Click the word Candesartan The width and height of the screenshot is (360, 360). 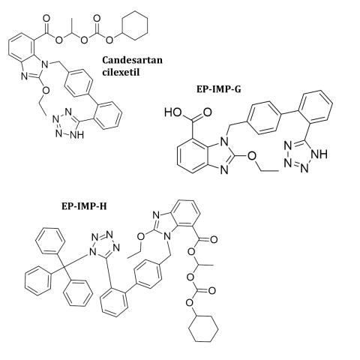(133, 60)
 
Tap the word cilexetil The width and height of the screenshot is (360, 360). (121, 72)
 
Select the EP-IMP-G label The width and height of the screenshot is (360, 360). (219, 89)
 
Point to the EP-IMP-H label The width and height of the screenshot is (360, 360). (84, 206)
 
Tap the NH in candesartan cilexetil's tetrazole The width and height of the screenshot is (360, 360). (76, 135)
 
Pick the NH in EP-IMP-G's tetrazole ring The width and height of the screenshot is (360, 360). (319, 154)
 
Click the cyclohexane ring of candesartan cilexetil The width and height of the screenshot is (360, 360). (135, 25)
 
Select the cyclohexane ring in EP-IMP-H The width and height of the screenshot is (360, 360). (203, 328)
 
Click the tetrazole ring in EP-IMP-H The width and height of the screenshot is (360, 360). (105, 247)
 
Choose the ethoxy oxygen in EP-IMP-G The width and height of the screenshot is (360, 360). (252, 156)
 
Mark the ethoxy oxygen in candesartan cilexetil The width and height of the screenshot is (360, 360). (46, 91)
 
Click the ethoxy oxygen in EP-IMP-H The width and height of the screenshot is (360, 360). (141, 236)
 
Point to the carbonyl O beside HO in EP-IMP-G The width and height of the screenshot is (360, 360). (207, 112)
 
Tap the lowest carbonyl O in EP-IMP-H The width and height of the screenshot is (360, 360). (211, 290)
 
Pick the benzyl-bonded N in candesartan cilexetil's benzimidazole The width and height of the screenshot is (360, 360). (44, 65)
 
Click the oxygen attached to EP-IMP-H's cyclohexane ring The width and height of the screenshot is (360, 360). (190, 303)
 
